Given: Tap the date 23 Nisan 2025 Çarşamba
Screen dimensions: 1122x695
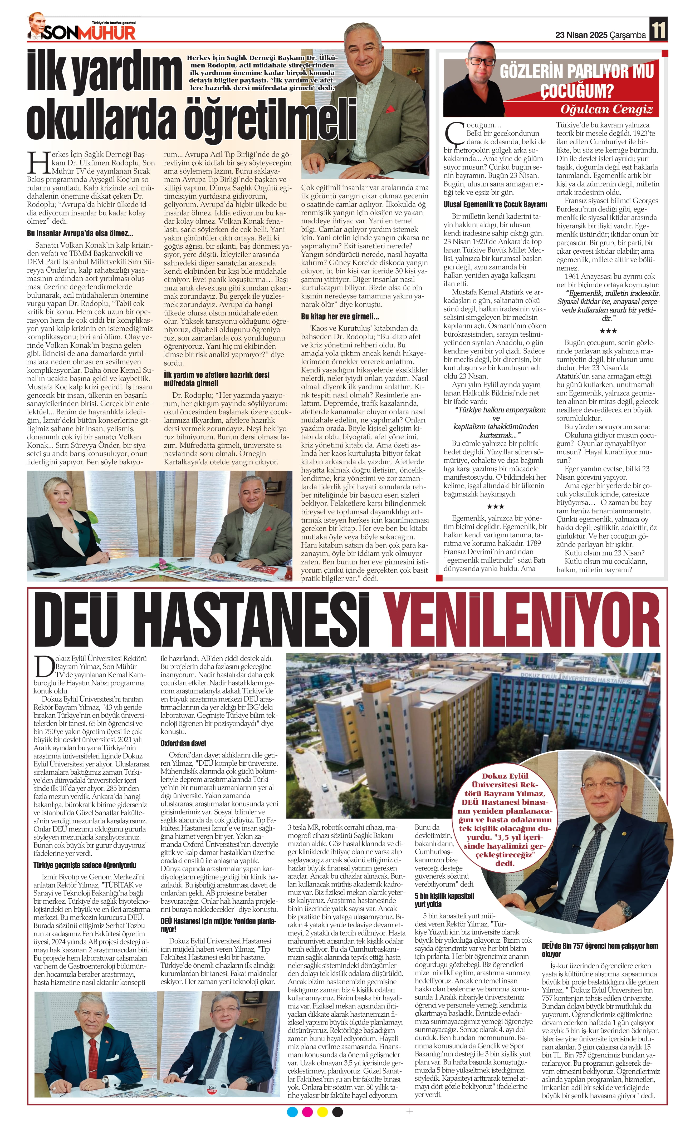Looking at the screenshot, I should (x=600, y=35).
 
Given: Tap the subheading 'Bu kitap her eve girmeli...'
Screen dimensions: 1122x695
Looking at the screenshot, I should (x=340, y=317).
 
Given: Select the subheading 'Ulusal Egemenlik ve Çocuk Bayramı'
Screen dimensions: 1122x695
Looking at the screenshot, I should (x=495, y=204).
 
